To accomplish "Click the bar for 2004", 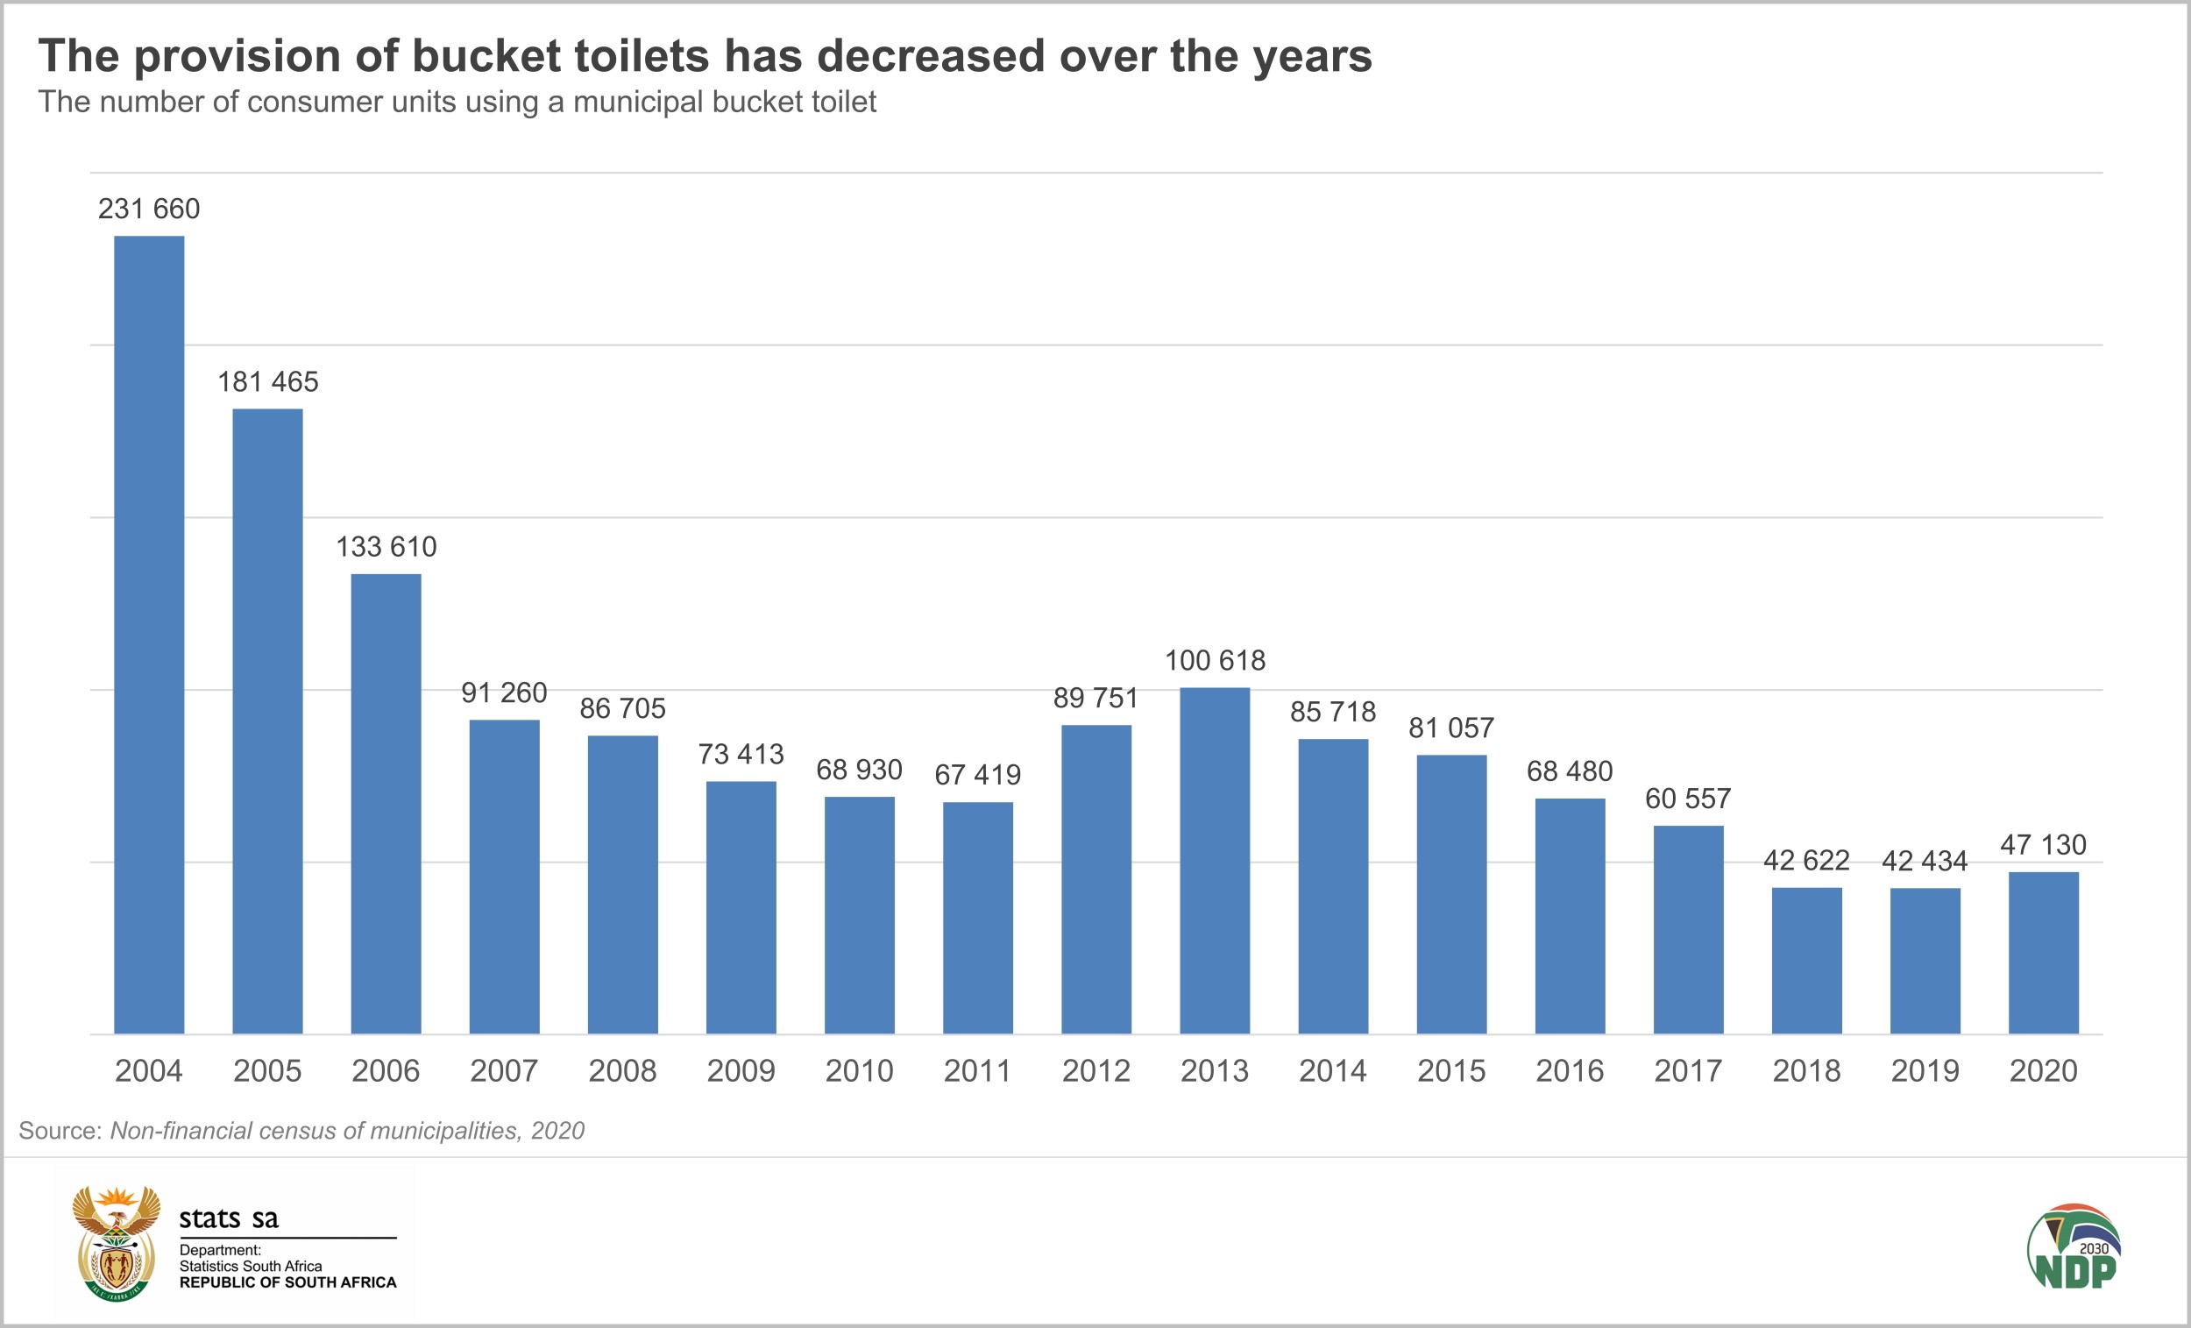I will (149, 635).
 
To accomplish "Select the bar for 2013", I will (1215, 860).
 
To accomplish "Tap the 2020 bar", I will (2044, 953).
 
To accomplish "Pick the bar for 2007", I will (504, 877).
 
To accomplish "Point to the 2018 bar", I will (1807, 961).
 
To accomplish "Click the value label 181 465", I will (267, 381).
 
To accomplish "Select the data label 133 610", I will (386, 546).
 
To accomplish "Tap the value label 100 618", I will (1215, 660).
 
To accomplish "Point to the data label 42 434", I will (1925, 861).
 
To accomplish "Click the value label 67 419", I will (977, 775).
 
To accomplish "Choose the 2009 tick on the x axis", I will (741, 1071).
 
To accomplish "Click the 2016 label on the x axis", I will (1570, 1071).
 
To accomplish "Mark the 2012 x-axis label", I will (1095, 1071).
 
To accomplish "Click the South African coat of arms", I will (117, 1243).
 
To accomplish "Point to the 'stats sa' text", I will (229, 1218).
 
